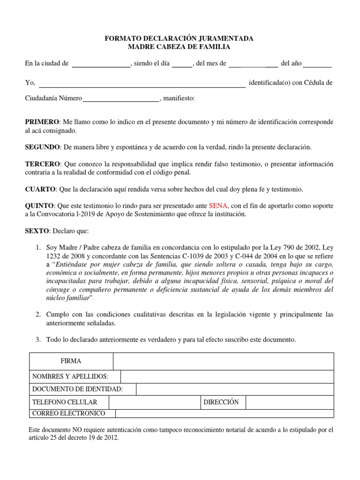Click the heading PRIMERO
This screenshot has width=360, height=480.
tap(42, 122)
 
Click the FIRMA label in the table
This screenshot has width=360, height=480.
tap(71, 361)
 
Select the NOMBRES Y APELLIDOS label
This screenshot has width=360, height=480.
tap(70, 376)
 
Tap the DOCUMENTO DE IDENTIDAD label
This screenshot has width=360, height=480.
tap(77, 389)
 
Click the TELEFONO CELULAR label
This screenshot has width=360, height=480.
tap(64, 402)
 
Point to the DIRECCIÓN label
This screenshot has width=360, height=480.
tap(222, 402)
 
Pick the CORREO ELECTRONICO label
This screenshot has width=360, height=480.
tap(68, 413)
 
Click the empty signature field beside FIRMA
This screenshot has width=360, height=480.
tap(223, 361)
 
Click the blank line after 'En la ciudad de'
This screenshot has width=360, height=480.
tap(101, 65)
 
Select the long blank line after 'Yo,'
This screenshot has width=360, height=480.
tap(142, 84)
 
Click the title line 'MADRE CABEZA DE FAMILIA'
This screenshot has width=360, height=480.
tap(180, 47)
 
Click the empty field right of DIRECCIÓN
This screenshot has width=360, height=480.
tap(289, 402)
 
